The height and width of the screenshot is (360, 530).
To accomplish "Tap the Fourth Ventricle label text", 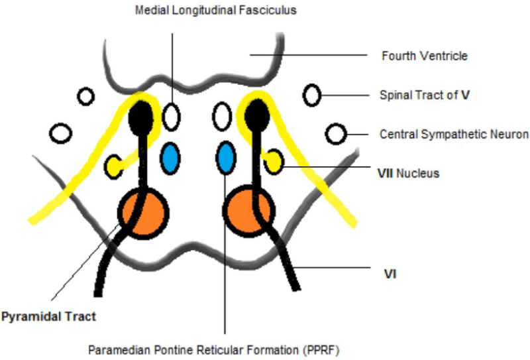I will coord(425,56).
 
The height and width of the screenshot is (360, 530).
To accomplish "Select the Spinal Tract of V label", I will coord(425,95).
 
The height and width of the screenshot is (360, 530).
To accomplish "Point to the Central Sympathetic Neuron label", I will coord(454,135).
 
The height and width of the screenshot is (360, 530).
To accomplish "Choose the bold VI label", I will coord(390,272).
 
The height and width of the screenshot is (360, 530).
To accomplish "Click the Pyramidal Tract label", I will coord(48,317).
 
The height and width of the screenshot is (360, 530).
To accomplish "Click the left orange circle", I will coord(143,213).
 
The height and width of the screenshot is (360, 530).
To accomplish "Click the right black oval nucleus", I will coord(256,117).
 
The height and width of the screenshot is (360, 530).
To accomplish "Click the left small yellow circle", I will coord(115,166).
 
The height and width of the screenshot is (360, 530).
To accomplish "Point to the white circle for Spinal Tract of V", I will coord(312,95).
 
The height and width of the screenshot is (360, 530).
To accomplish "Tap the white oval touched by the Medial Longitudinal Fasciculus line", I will coord(172,117).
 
